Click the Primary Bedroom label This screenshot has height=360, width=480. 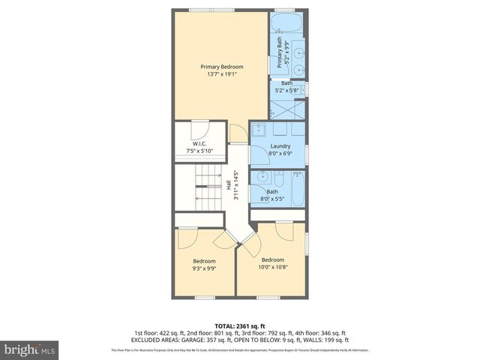221,67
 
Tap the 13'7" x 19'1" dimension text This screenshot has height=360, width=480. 221,74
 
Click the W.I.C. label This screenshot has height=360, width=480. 199,143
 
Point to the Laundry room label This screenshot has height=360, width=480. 280,146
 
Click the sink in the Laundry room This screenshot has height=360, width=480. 259,128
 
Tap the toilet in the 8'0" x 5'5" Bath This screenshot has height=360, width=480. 278,180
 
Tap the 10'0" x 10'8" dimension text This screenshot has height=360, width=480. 273,267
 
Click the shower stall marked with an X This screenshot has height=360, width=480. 287,109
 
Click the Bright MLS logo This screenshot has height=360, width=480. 30,350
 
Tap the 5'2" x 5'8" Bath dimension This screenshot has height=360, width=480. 286,91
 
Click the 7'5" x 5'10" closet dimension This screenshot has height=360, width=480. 199,151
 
